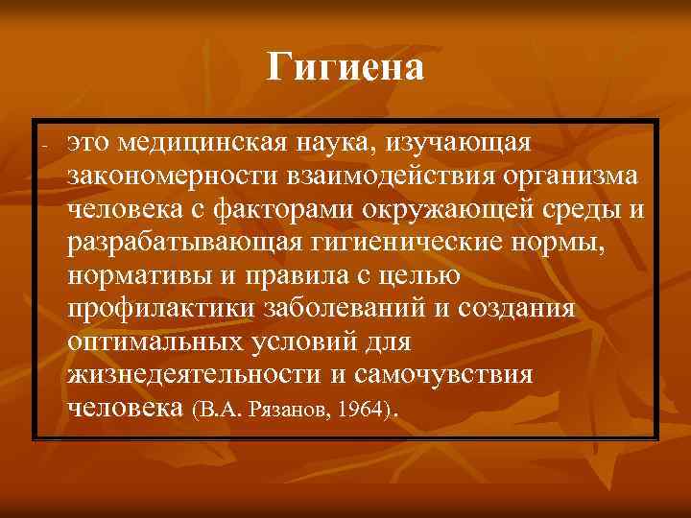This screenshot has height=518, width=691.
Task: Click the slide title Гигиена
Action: click(x=345, y=68)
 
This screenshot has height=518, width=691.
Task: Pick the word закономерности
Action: click(x=161, y=176)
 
